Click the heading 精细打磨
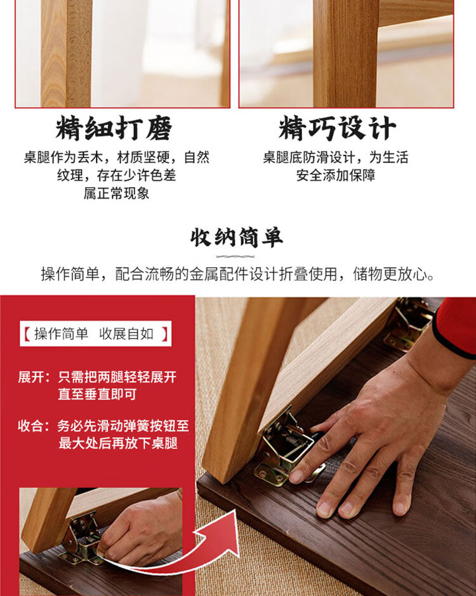coord(114,128)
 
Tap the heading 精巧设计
coord(337,128)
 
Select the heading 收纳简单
coord(237,237)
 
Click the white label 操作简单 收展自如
coord(95,334)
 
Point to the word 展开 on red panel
coord(31,377)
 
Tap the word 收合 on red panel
coord(31,426)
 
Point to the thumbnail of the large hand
coord(296,476)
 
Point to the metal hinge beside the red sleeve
coord(409,323)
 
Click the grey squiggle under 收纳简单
coord(235,256)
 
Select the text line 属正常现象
coord(116,194)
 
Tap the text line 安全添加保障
coord(336,175)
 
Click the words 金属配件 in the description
coord(219,274)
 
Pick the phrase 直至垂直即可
coord(97,394)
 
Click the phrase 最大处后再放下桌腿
coord(118,443)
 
